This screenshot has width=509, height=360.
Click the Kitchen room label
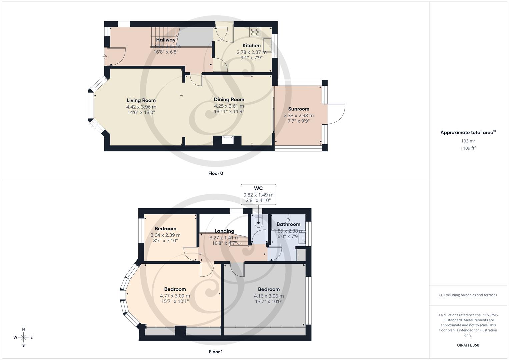coord(251,46)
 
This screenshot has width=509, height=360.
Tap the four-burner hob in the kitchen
coord(255,32)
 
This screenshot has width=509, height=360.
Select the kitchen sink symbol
coord(267,43)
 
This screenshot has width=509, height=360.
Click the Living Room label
coord(141,100)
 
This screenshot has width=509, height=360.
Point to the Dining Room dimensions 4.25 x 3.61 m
coord(229,106)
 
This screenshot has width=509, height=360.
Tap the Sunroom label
coord(299,109)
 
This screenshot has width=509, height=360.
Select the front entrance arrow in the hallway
coord(105,57)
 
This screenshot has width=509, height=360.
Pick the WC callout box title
coord(258,189)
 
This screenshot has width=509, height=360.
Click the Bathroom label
coord(288,224)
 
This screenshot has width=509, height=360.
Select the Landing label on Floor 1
coord(224,231)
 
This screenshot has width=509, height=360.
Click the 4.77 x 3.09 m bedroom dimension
coord(175,296)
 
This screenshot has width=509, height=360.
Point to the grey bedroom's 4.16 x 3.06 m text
coord(269,296)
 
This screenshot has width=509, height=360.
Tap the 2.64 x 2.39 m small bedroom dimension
coord(165,235)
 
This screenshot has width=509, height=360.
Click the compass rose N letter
coord(23,329)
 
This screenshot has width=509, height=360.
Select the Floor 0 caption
coord(216,173)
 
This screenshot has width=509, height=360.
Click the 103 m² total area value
coord(468,141)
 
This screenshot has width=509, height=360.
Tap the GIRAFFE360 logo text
coord(468,345)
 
